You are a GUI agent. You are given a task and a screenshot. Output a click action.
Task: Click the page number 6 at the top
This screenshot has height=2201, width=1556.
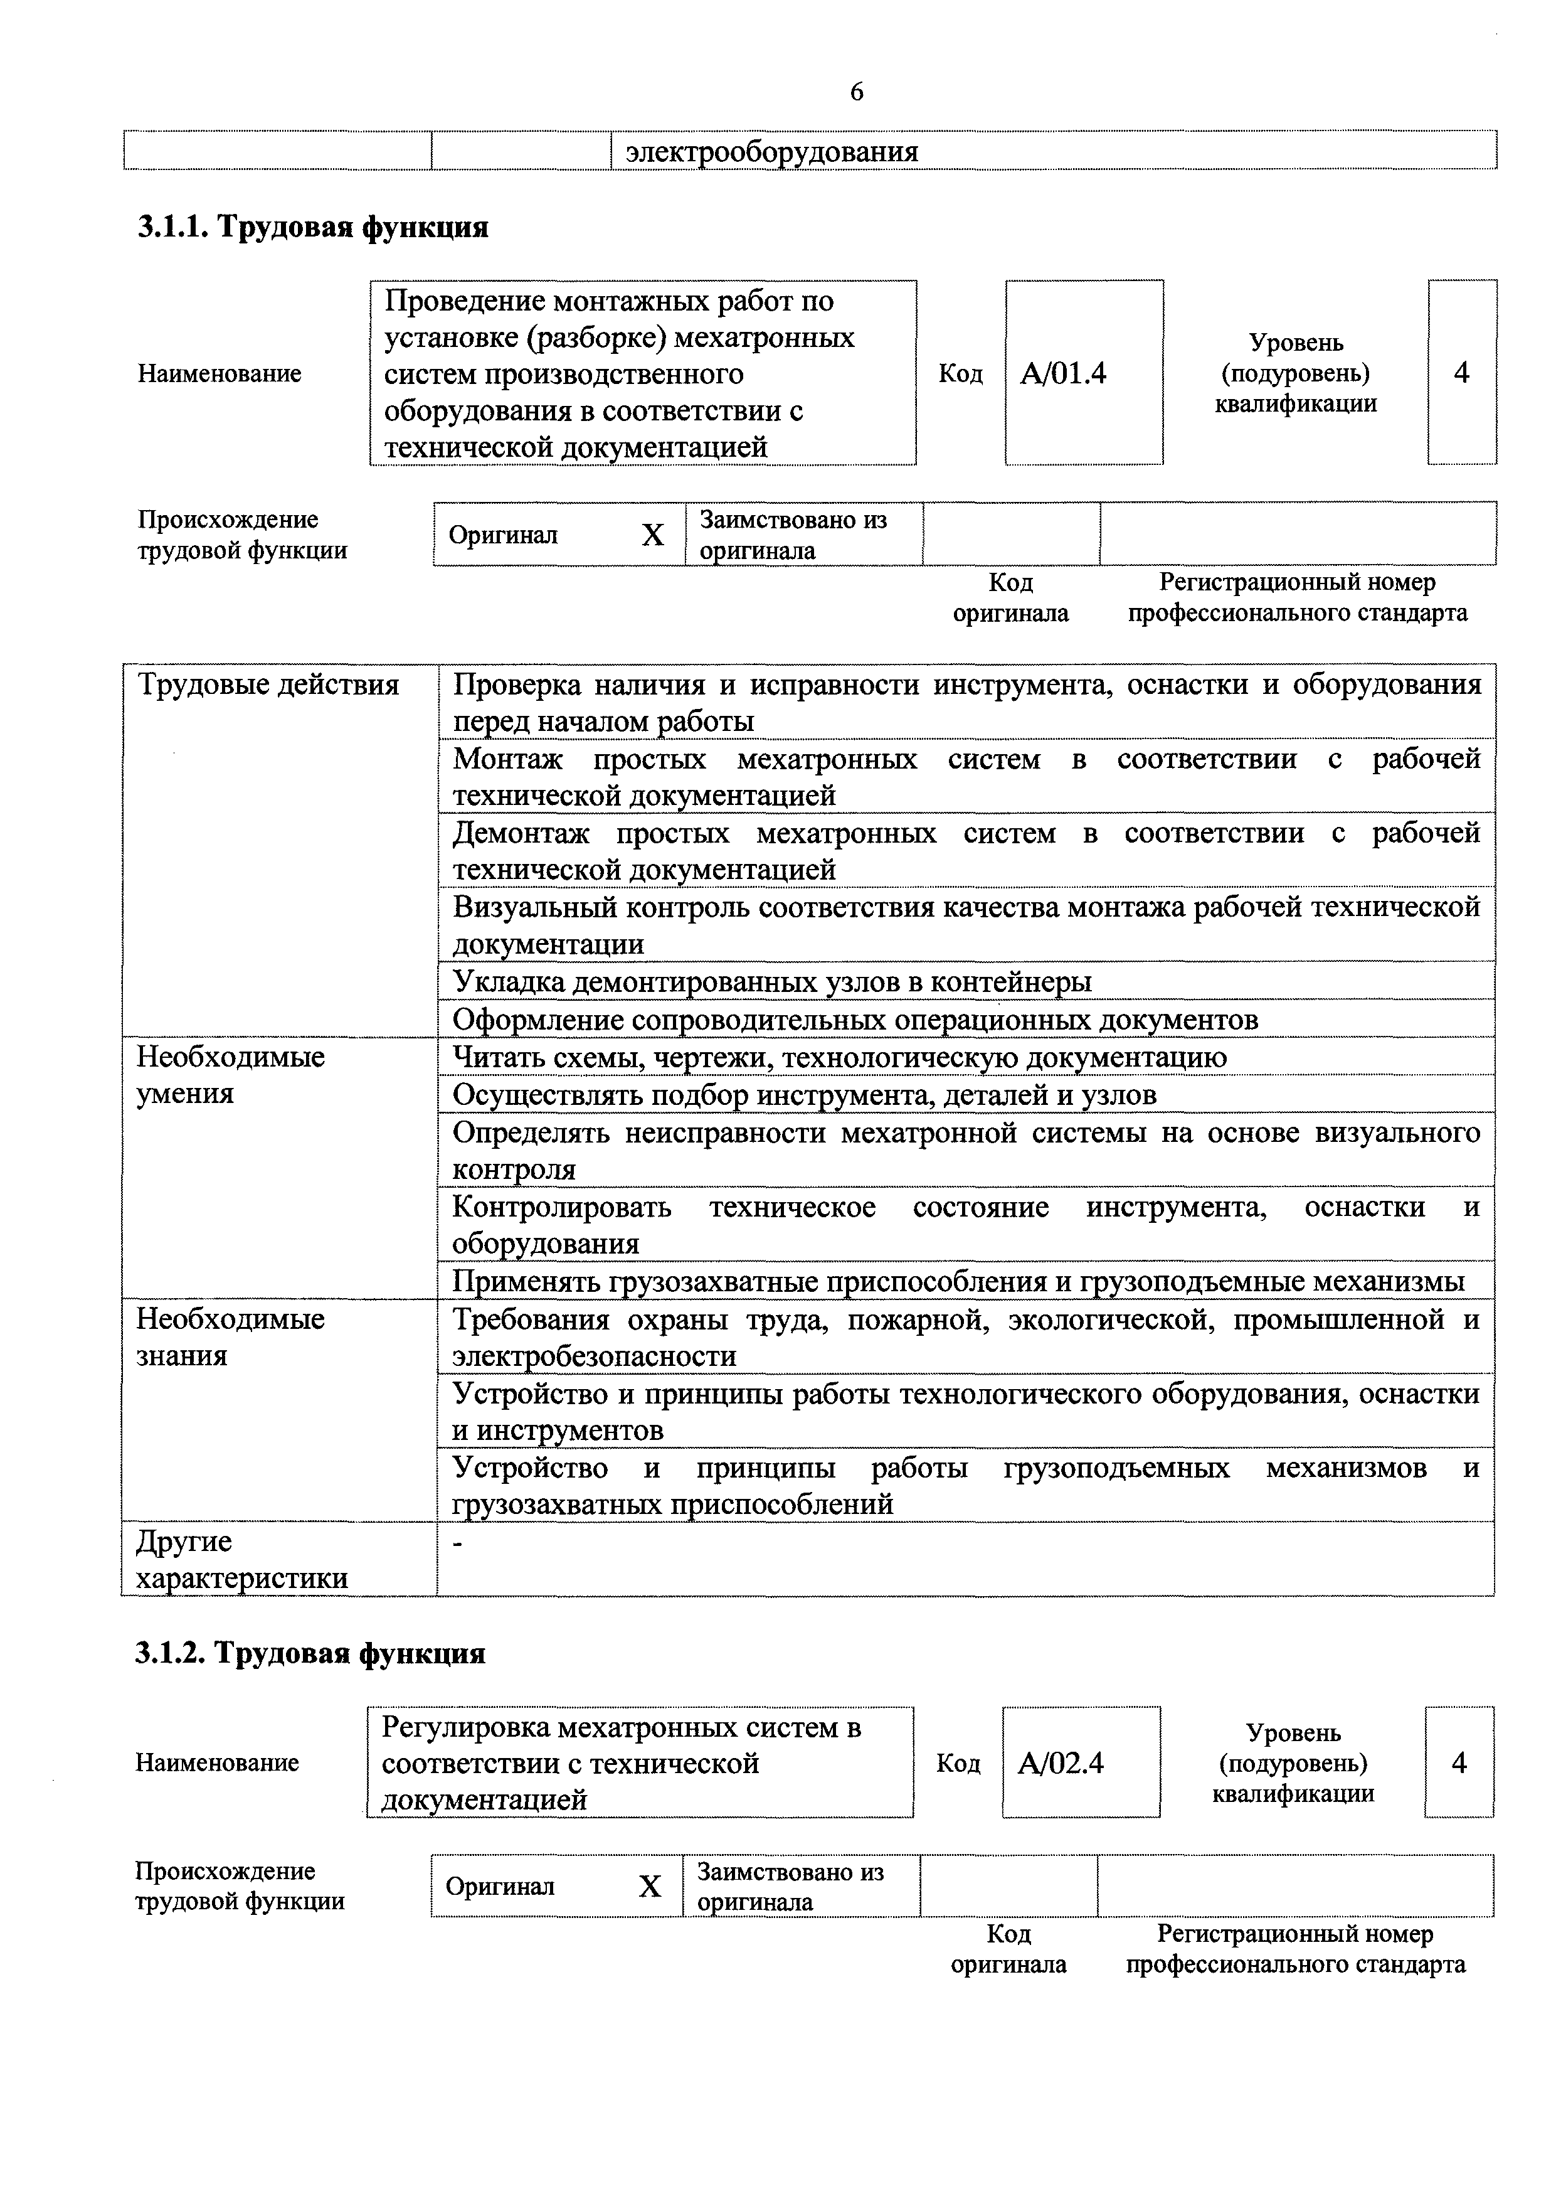(x=857, y=92)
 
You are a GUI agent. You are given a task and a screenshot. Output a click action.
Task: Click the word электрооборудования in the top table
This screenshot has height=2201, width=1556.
(x=771, y=151)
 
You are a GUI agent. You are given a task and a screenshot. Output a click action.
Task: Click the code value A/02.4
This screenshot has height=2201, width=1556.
(x=1061, y=1763)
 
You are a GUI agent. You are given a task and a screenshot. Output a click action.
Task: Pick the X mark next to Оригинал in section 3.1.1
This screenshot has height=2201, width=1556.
(x=652, y=535)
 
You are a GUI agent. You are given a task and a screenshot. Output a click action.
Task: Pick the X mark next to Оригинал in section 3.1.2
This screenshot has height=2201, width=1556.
(x=650, y=1887)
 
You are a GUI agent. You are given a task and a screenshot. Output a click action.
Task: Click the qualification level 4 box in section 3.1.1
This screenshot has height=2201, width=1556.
(x=1461, y=373)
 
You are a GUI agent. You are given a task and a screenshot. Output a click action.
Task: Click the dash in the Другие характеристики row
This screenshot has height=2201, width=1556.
(x=458, y=1542)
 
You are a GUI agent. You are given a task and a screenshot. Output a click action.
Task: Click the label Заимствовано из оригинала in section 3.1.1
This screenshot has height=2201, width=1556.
(x=793, y=535)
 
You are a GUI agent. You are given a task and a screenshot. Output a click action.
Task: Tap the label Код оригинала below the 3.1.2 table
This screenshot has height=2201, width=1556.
(x=1008, y=1949)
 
